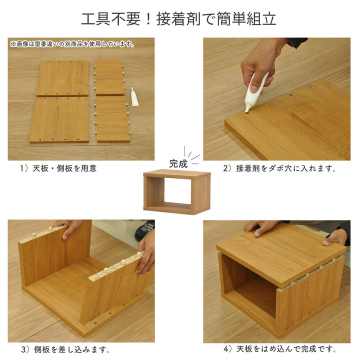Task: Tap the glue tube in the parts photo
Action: (x=134, y=97)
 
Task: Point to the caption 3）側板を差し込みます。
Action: (x=65, y=349)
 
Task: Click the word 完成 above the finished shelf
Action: (x=178, y=163)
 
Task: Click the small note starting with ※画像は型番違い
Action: (x=72, y=44)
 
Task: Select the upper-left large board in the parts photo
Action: (x=62, y=78)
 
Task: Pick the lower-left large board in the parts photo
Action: (x=59, y=119)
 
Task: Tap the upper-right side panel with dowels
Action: (x=110, y=77)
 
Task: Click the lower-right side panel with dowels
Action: (x=113, y=119)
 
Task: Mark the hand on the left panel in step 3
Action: (x=70, y=227)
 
